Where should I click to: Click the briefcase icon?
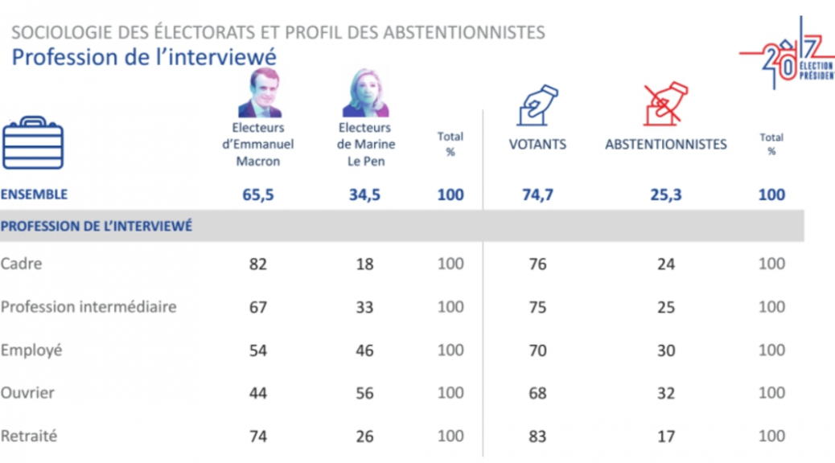[33, 144]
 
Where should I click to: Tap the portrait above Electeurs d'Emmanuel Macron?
[259, 93]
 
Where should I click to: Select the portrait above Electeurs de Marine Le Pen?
[365, 93]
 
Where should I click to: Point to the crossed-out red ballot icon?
[665, 104]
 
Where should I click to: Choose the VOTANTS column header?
[537, 145]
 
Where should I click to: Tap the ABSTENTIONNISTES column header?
[665, 145]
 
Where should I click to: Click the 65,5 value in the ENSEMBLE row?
[258, 195]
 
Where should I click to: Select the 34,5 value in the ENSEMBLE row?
[364, 195]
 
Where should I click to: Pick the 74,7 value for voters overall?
[537, 195]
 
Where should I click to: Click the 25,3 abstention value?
[665, 195]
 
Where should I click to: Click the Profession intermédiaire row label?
[88, 307]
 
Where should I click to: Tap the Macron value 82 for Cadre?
[258, 264]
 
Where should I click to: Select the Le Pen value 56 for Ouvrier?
[364, 393]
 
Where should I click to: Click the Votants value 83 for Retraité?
[537, 436]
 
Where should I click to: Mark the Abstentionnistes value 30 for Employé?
[665, 350]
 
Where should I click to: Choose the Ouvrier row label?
[27, 393]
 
